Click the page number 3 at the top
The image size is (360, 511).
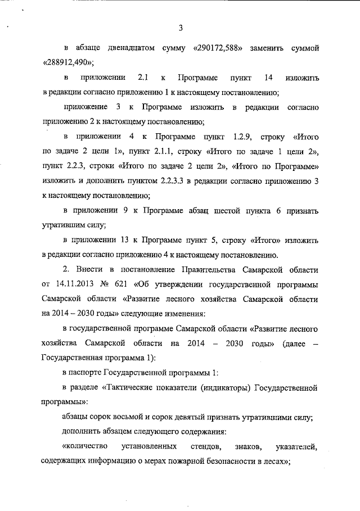pyautogui.click(x=180, y=28)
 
